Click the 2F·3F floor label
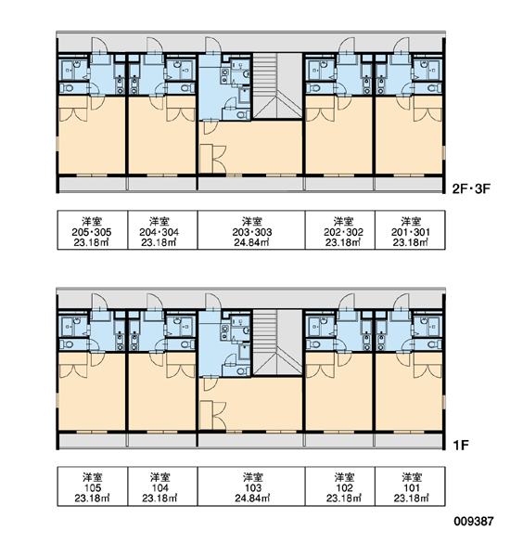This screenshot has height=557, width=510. coord(471,188)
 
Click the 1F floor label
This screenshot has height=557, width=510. coord(461,445)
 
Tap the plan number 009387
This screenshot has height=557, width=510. coord(474,522)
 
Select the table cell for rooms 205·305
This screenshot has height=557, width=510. coord(93,230)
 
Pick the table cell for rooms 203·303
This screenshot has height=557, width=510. coord(251,230)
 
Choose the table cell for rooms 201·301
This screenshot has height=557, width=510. coord(410,230)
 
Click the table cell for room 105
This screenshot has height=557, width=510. coord(93,486)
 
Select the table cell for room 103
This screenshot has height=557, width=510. coord(251,486)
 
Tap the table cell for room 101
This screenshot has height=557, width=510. coord(410,486)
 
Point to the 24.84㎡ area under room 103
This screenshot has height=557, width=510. coord(252,499)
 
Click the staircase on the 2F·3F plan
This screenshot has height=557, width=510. coord(277,86)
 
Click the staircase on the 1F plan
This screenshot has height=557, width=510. coord(277,343)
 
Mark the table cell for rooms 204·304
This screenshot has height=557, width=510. coord(162,230)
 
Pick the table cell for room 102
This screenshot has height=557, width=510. coord(340,486)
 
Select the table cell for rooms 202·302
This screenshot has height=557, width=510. coord(340,230)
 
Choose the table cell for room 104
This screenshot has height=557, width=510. coord(162,486)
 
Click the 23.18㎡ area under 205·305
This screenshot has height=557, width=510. coord(92,242)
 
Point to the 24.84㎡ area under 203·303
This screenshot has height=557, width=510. coord(251,242)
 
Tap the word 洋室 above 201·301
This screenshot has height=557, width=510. coord(411,221)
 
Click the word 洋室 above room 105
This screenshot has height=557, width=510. coord(93,477)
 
